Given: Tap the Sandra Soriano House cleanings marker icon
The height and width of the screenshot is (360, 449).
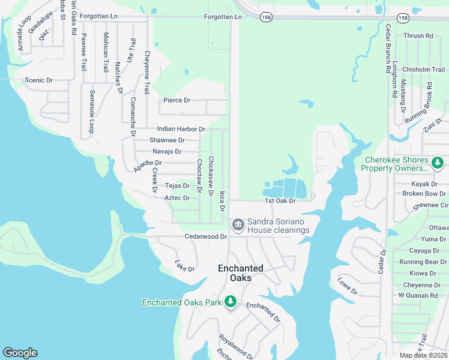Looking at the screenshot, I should [237, 225].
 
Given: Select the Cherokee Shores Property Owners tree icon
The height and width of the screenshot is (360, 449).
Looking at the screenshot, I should [438, 163].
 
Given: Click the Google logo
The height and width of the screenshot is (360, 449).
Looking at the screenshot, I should [20, 353].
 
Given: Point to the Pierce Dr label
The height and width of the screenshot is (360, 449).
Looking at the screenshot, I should [176, 100].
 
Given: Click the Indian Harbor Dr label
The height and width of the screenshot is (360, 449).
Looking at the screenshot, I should [181, 129].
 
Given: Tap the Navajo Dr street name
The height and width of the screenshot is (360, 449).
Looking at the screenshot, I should [167, 151].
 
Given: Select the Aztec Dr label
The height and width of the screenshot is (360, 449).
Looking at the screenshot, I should [177, 198].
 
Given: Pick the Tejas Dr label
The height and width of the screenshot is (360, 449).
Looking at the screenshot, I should [177, 186].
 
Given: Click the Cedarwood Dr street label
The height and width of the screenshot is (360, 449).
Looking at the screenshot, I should [206, 236].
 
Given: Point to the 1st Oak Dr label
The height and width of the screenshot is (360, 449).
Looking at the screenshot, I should [281, 201].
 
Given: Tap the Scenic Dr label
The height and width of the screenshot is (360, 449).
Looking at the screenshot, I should [38, 80].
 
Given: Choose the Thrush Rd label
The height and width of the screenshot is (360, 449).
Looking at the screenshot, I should [418, 36].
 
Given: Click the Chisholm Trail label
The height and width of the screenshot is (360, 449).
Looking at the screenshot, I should [424, 70].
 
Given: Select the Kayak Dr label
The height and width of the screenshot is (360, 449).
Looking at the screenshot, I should [424, 184].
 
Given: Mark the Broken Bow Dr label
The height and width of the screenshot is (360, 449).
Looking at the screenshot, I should [424, 194].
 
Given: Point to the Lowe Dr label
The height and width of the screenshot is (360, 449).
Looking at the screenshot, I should [347, 286].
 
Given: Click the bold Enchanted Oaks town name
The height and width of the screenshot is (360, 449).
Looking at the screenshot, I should [240, 273].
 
